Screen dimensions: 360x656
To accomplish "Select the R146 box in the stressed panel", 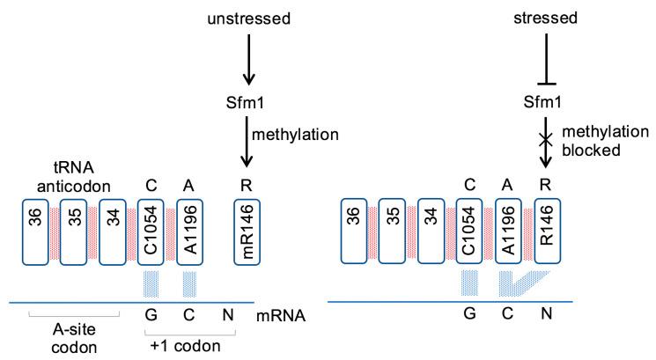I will (x=548, y=231).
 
